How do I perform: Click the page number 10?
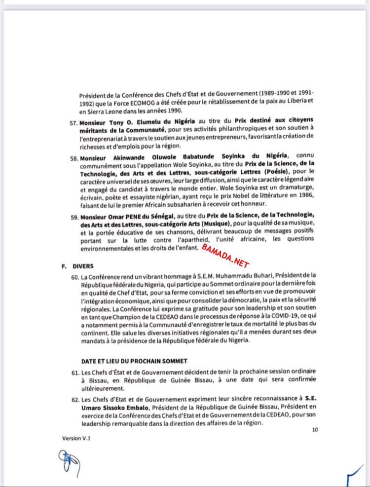click(315, 430)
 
